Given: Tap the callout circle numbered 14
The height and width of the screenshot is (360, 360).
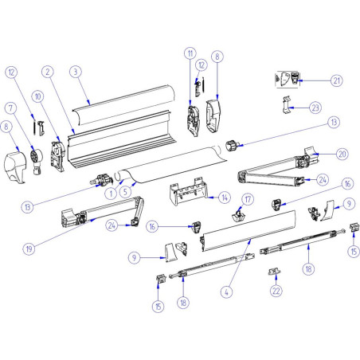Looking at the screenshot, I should coord(225,197).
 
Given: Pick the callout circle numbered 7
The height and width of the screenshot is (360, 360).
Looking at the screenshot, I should coord(10,107).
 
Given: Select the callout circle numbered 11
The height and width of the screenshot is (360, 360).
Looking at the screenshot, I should coord(190,53).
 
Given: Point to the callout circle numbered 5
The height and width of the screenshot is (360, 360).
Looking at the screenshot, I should coord(125,191).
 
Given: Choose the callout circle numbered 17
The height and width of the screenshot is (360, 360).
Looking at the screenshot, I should coord(248,199).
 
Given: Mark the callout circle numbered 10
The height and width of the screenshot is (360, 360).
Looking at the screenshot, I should coord(38,96).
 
